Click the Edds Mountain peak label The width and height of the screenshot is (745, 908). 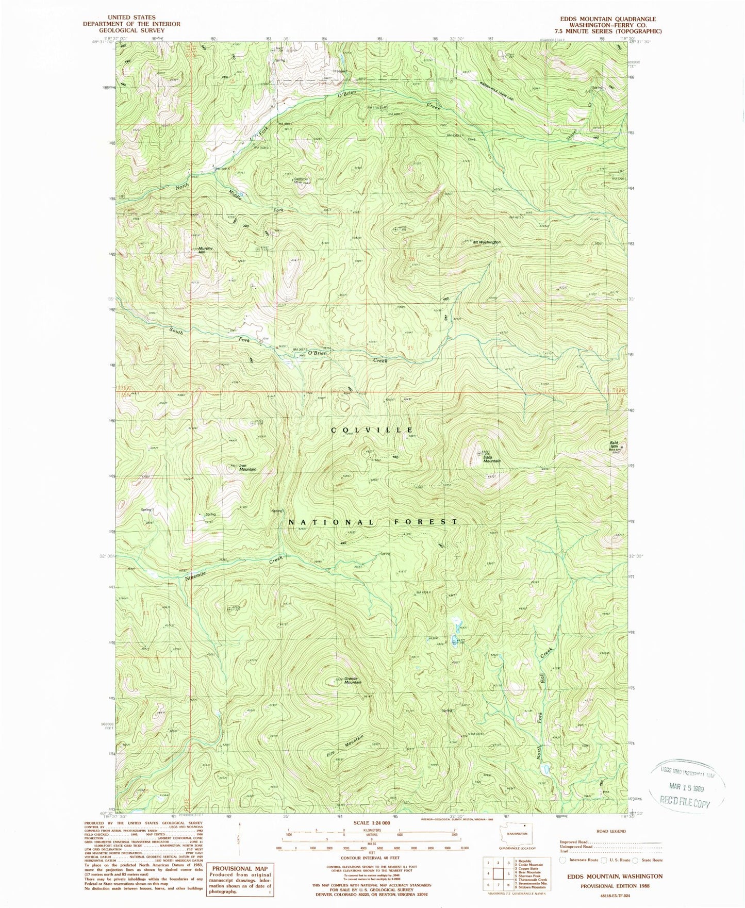click(x=491, y=458)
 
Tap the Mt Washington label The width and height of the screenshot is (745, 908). click(x=486, y=242)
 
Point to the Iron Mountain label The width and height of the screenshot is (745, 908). click(x=247, y=468)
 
